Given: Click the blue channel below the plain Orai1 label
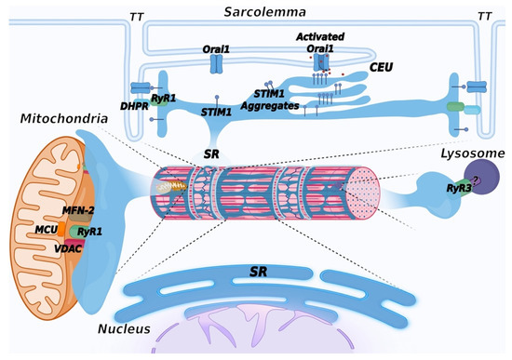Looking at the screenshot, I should click(217, 63).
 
